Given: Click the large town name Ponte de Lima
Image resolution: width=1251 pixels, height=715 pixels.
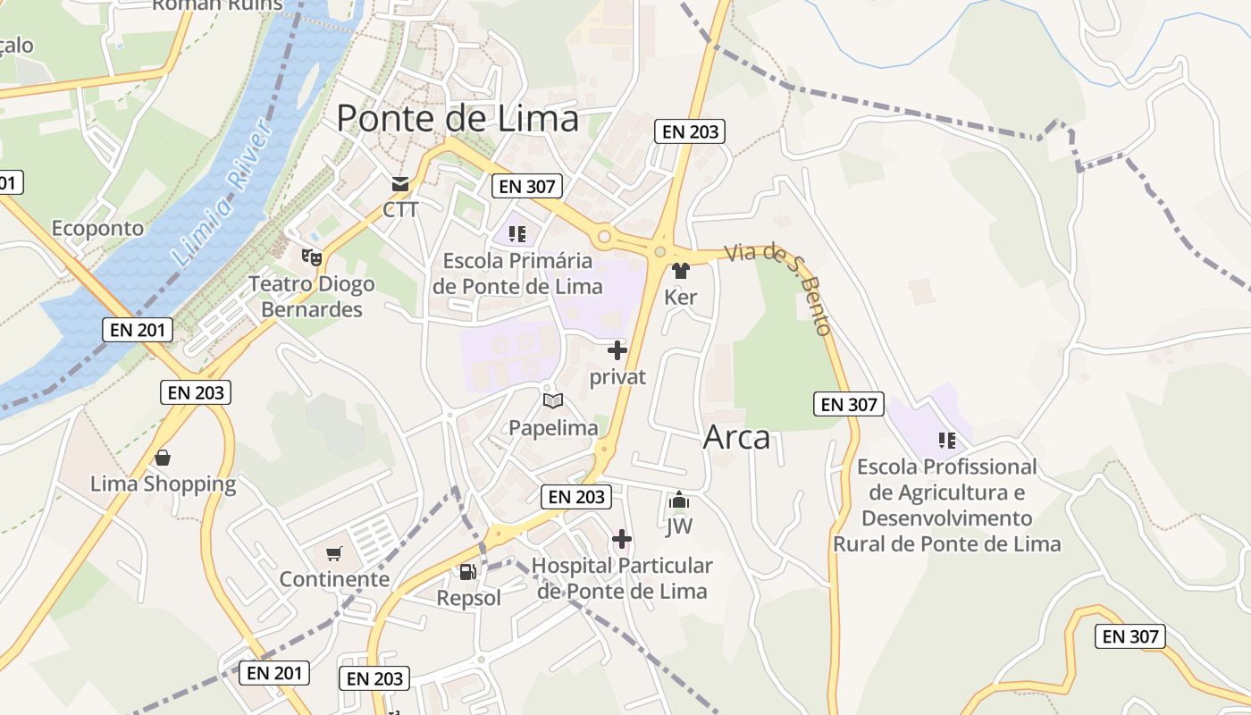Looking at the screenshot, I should pyautogui.click(x=458, y=119).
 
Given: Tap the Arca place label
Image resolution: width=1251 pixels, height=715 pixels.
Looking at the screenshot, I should pyautogui.click(x=736, y=438).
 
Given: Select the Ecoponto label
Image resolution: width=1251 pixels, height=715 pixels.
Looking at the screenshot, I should pyautogui.click(x=97, y=228).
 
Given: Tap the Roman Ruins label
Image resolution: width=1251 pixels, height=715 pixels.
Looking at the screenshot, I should pyautogui.click(x=217, y=5).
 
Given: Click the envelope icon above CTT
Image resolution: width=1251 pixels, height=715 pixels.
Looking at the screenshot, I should pyautogui.click(x=399, y=185).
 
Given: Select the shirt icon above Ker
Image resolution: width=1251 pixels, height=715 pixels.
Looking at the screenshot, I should pyautogui.click(x=681, y=271).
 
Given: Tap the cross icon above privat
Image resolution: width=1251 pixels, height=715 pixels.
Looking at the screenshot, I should pyautogui.click(x=617, y=350).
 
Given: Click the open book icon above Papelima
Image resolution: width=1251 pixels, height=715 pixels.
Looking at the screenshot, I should pyautogui.click(x=553, y=401).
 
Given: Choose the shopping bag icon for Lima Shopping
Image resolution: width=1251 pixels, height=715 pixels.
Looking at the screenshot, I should pyautogui.click(x=163, y=458).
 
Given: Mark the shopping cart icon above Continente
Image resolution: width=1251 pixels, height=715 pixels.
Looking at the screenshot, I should pyautogui.click(x=334, y=554).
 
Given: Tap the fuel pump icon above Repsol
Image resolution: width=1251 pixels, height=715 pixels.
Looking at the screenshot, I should pyautogui.click(x=467, y=572).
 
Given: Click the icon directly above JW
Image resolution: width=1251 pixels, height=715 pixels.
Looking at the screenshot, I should pyautogui.click(x=679, y=500).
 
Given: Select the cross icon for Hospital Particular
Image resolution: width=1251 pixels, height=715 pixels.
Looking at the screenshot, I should pyautogui.click(x=622, y=539).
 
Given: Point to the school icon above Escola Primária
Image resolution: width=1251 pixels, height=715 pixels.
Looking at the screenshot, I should pyautogui.click(x=516, y=234).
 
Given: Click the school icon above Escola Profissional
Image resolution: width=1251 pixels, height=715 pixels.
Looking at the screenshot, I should pyautogui.click(x=947, y=440).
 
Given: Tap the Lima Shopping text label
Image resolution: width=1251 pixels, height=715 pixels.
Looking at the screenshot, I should pyautogui.click(x=164, y=484).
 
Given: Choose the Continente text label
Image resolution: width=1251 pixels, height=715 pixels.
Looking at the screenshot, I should pyautogui.click(x=334, y=579).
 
